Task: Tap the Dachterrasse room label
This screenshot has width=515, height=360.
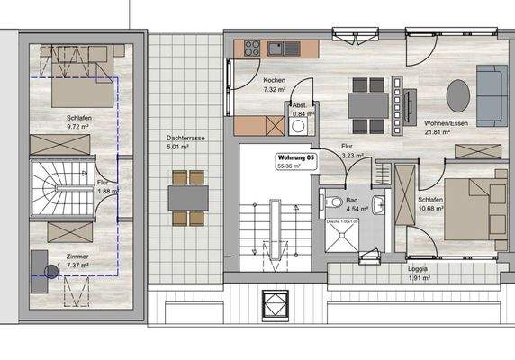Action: coord(185,139)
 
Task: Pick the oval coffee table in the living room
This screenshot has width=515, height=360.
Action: coord(458,93)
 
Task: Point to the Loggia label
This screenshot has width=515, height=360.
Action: coord(417,268)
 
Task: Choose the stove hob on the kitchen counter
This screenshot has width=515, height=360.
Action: coord(249,45)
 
